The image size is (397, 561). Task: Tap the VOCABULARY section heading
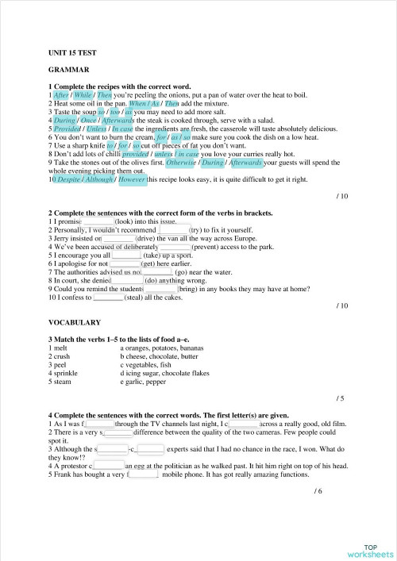[75, 323]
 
